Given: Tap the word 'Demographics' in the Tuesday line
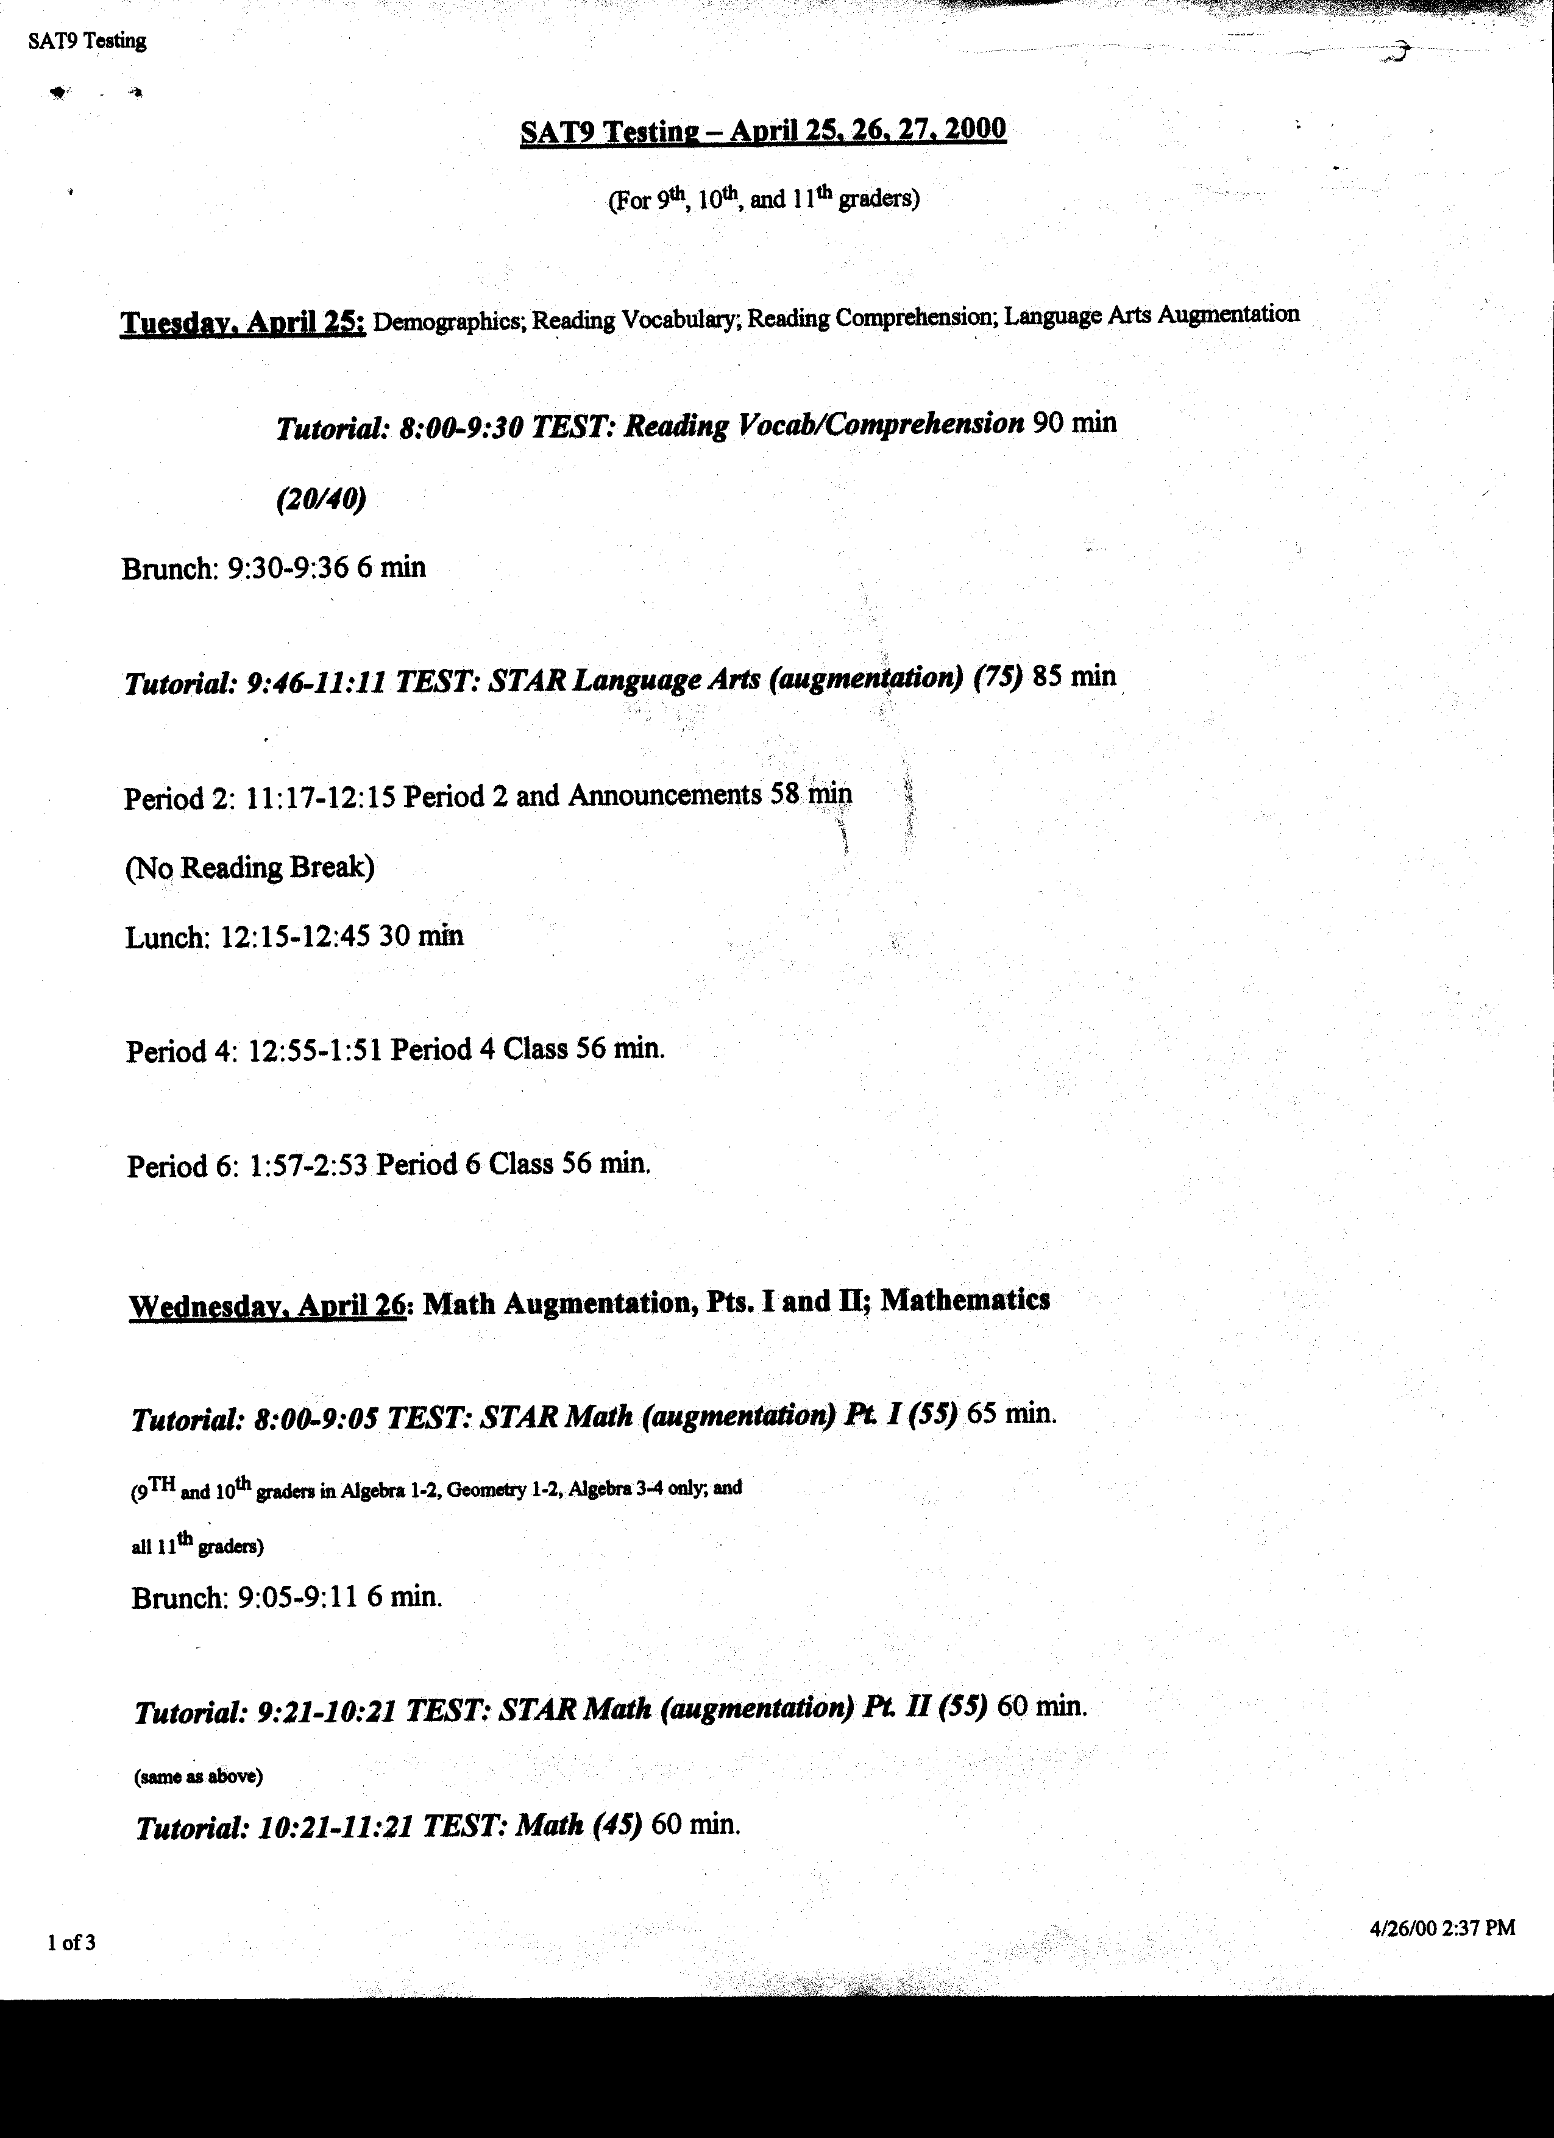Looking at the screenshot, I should [449, 321].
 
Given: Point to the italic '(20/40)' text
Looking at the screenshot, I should [321, 499].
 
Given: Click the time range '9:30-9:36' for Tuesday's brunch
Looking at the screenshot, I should [288, 567].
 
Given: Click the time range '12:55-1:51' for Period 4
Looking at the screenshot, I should [314, 1049].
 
